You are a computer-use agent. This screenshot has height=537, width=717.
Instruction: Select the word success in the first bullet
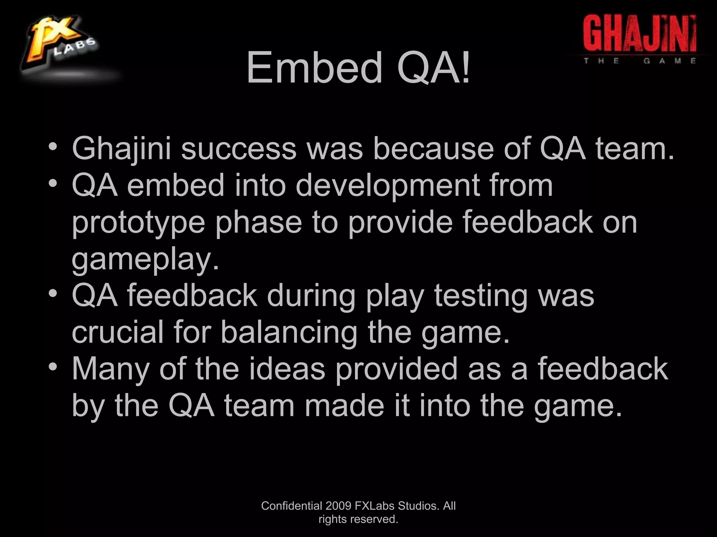tap(238, 149)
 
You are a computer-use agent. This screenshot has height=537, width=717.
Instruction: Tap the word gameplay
tap(145, 260)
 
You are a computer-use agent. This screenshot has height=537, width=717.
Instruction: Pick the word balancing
tap(289, 333)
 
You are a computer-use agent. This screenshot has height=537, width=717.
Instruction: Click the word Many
tap(111, 369)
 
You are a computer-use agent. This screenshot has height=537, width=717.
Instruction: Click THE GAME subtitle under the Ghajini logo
tap(639, 60)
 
